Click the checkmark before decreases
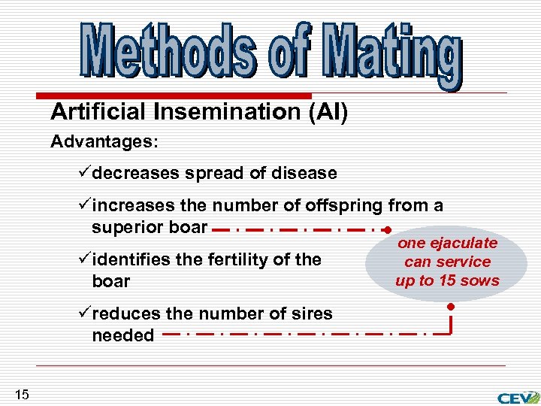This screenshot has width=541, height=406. pos(84,173)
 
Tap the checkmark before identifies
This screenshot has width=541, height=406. pos(84,259)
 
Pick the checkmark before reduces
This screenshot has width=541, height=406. pos(84,314)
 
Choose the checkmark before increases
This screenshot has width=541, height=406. pos(84,205)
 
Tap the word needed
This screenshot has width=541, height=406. pos(122,335)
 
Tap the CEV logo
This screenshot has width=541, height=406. pos(518,396)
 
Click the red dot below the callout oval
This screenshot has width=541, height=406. pos(449,308)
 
